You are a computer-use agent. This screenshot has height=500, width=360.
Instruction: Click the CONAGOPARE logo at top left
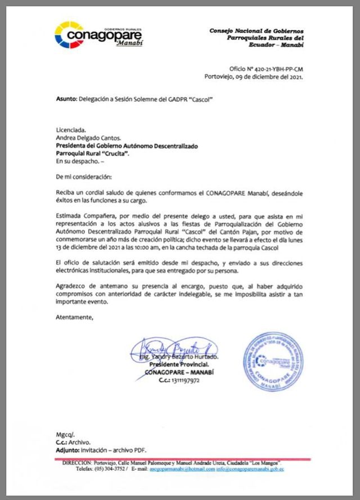98,35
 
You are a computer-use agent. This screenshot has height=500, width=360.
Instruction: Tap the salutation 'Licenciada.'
71,129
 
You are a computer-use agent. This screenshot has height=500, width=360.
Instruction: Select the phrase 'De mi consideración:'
84,177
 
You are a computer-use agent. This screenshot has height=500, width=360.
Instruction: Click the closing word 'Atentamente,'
74,318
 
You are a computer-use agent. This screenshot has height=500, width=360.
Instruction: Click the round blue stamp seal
273,361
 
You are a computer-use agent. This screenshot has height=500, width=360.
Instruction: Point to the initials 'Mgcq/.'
65,435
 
